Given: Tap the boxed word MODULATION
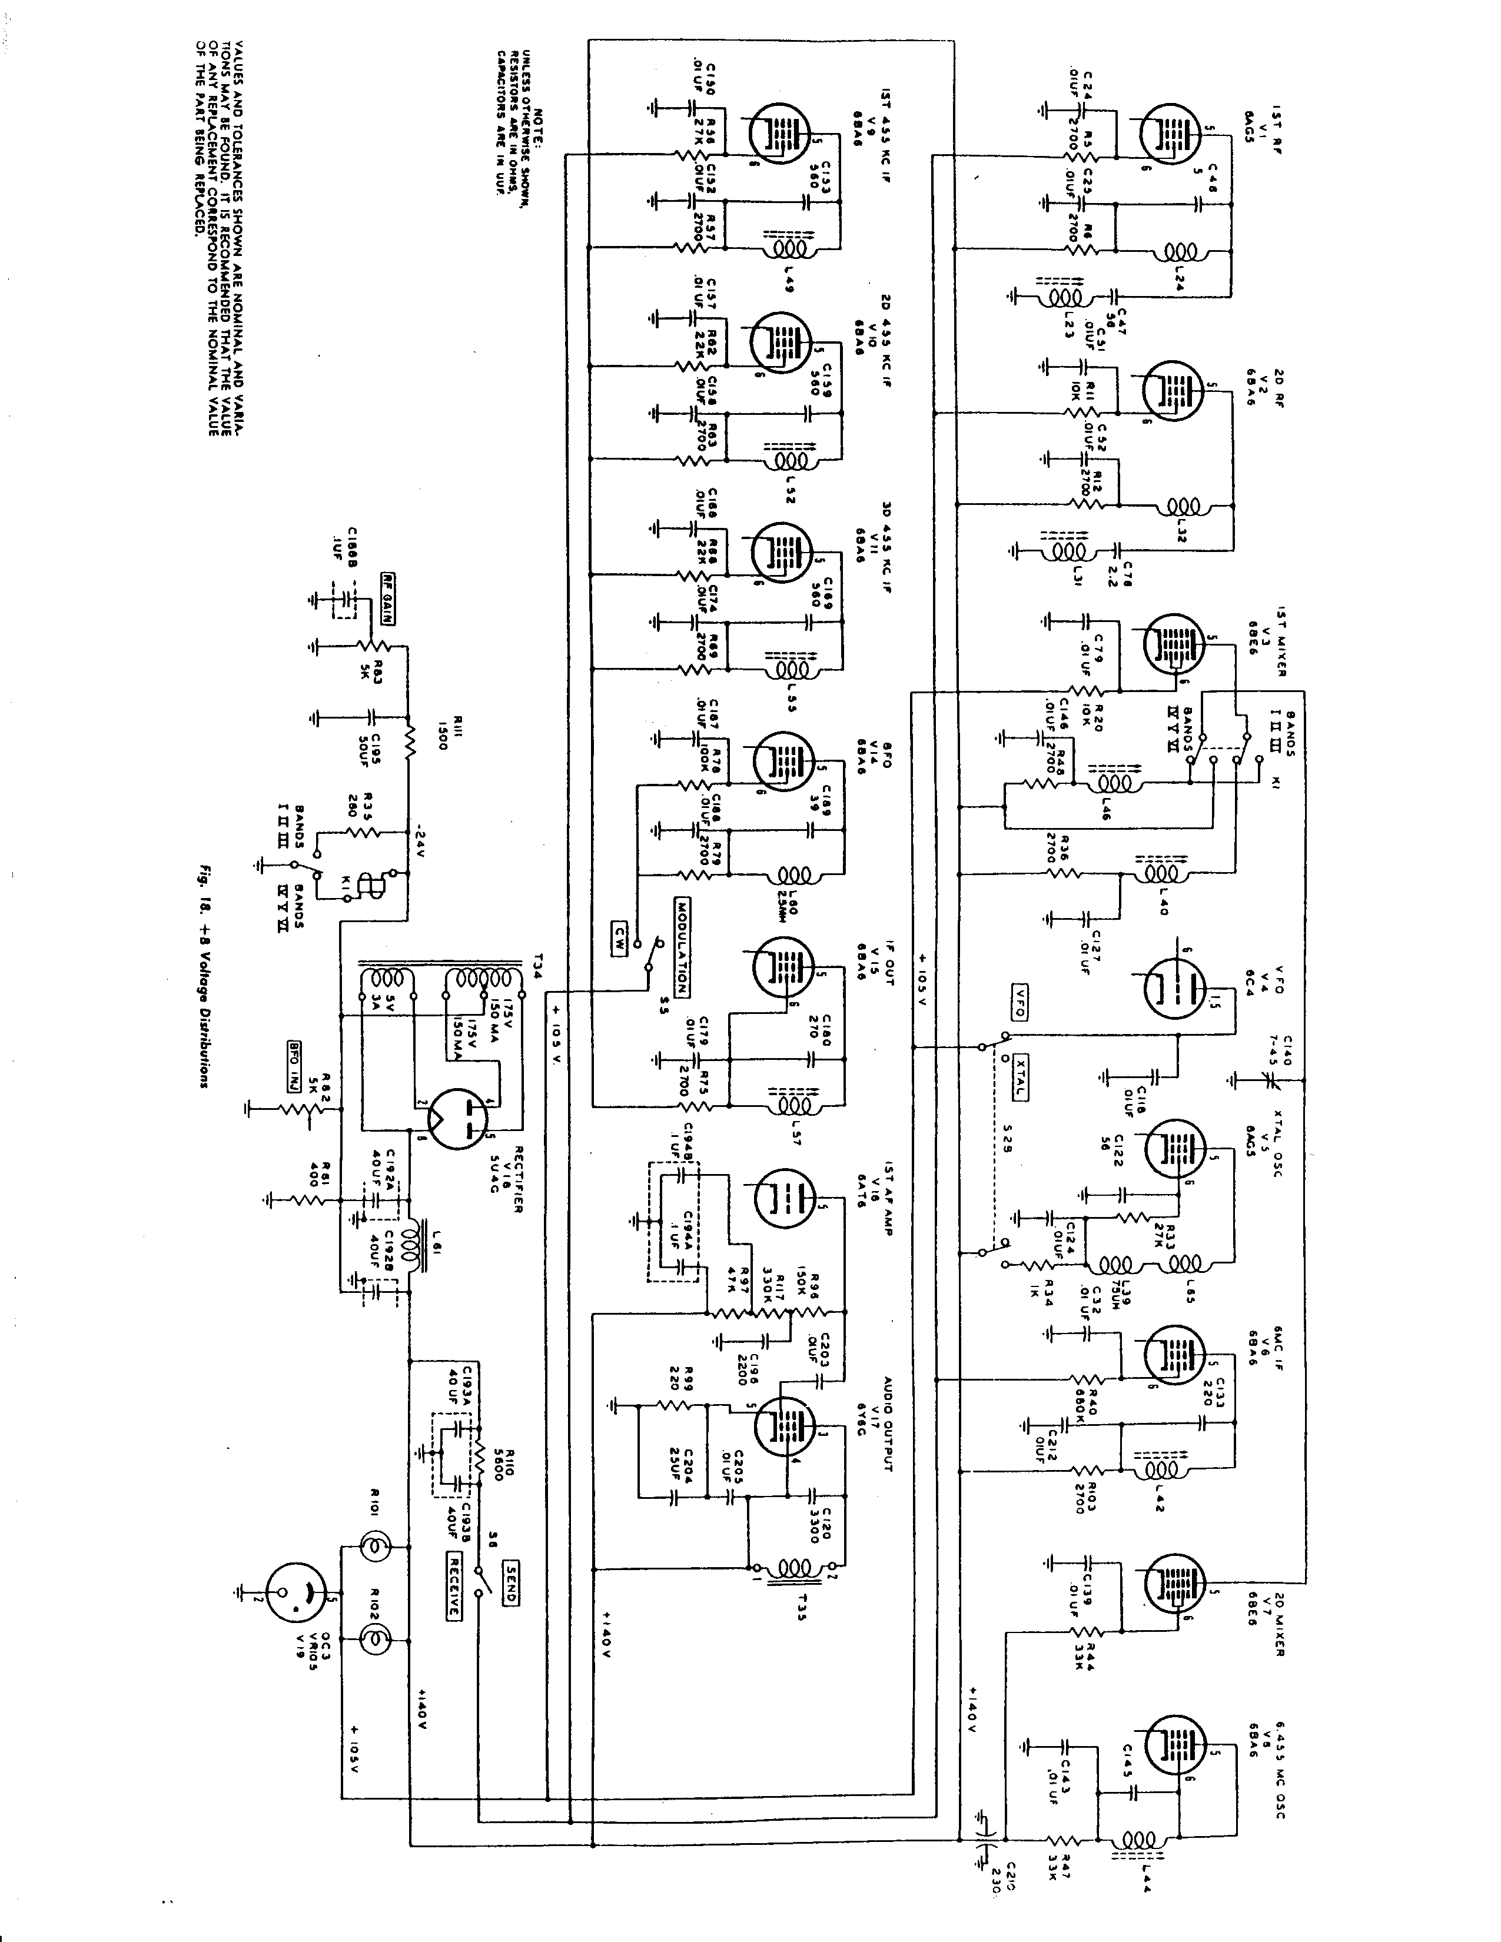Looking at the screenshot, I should click(x=682, y=946).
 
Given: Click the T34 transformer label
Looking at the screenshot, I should click(x=537, y=961).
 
